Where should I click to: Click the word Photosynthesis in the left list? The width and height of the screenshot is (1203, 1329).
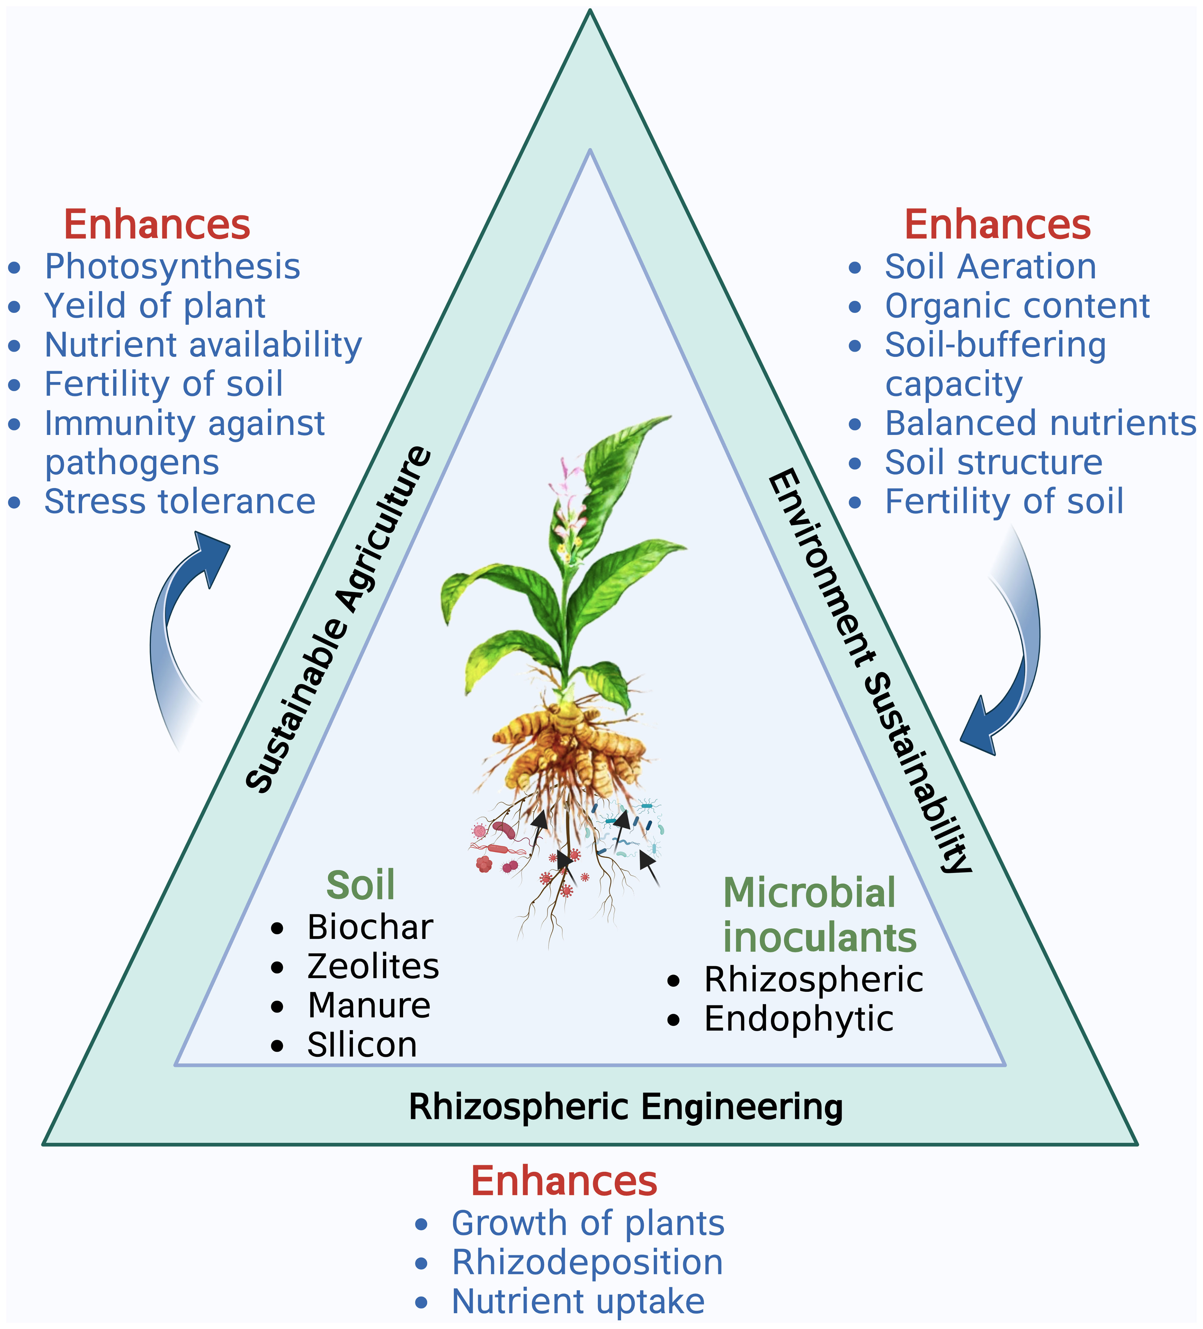click(172, 267)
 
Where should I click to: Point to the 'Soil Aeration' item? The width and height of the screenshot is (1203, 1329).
click(990, 267)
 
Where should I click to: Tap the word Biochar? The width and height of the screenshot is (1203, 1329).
click(370, 927)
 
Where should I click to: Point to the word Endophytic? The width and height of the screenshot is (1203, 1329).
click(798, 1019)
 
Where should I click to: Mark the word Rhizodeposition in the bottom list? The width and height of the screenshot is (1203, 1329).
click(587, 1262)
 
